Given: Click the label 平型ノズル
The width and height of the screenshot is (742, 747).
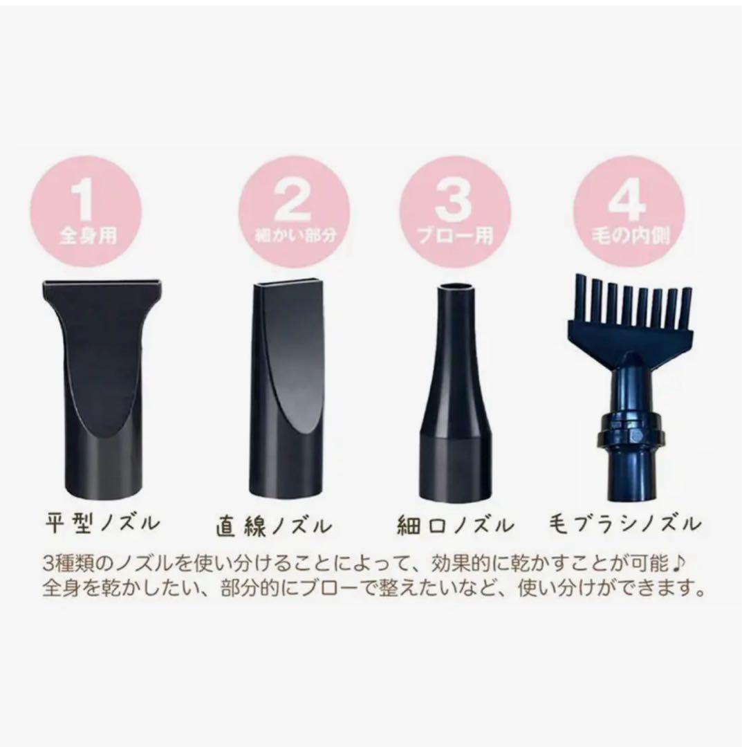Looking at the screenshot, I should [x=103, y=522].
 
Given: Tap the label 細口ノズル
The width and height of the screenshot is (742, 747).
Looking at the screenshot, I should [x=455, y=526].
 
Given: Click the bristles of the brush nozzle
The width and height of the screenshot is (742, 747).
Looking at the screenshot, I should [x=629, y=304].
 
